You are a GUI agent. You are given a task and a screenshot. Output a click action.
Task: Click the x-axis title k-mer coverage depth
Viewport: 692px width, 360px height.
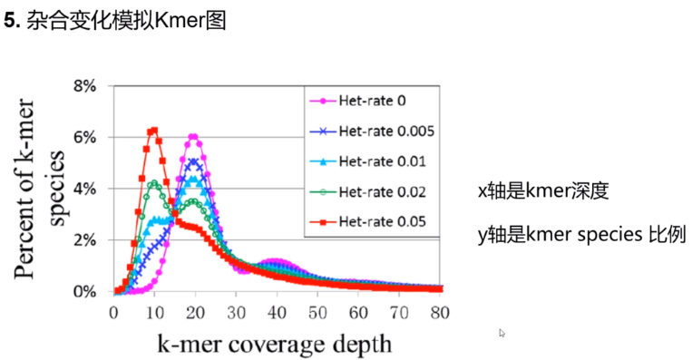coord(275,344)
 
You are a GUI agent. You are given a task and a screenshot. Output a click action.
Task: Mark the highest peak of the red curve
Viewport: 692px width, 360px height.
coord(153,131)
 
